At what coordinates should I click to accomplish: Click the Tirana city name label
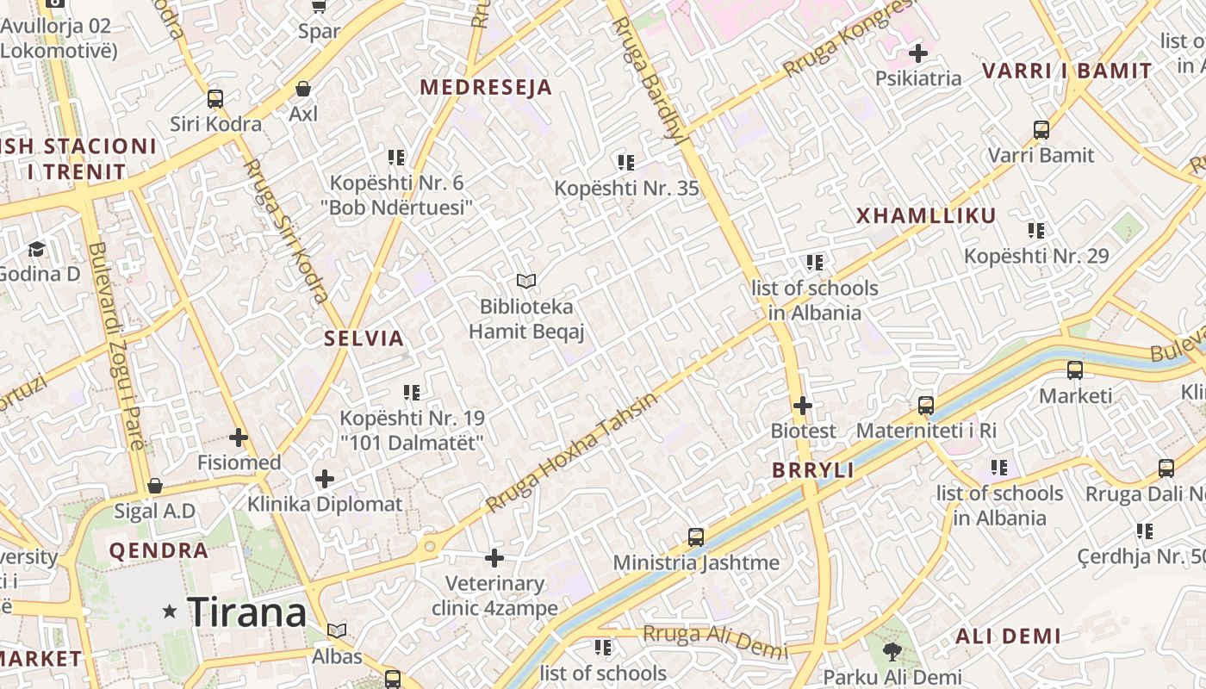point(246,612)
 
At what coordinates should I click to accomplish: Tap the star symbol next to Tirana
point(170,611)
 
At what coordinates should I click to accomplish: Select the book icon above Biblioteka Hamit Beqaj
point(525,281)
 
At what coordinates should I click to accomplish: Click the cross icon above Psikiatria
point(918,53)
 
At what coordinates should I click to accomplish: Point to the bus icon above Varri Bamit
point(1041,130)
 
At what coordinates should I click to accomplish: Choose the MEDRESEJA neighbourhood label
point(486,88)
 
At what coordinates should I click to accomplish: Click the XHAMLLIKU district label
point(926,216)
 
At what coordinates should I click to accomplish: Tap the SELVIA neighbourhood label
point(364,338)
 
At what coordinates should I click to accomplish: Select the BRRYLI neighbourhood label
point(813,470)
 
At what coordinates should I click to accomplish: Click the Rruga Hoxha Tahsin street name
point(570,451)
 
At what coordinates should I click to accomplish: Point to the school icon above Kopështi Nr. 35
point(626,162)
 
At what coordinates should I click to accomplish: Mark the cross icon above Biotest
point(803,405)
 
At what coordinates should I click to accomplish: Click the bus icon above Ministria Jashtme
point(696,537)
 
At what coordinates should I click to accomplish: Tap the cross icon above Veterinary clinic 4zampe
point(494,558)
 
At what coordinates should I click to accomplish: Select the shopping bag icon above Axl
point(303,89)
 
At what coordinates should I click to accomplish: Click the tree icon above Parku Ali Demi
point(892,652)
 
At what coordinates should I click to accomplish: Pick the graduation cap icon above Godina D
point(36,249)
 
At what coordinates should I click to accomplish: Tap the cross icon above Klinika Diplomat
point(325,479)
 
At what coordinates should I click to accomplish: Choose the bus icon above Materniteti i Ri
point(926,405)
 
